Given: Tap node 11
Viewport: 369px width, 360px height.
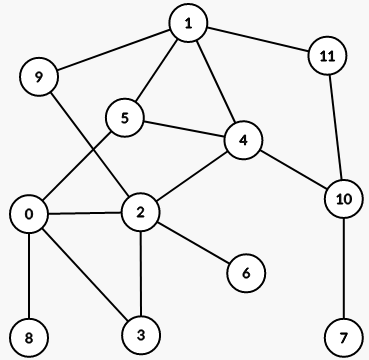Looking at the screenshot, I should pyautogui.click(x=326, y=56).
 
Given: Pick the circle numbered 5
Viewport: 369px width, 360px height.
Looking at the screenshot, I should pyautogui.click(x=126, y=118).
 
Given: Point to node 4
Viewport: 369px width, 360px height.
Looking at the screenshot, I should pyautogui.click(x=243, y=141).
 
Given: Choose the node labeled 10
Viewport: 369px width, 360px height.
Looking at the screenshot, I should pyautogui.click(x=344, y=198).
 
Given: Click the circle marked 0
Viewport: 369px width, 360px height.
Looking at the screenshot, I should pyautogui.click(x=30, y=214).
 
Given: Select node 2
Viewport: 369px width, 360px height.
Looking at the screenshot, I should pyautogui.click(x=141, y=211).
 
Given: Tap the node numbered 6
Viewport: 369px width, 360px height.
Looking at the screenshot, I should pyautogui.click(x=246, y=271).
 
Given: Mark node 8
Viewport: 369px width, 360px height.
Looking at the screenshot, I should pyautogui.click(x=30, y=337).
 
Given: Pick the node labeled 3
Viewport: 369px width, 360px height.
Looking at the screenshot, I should pyautogui.click(x=141, y=331).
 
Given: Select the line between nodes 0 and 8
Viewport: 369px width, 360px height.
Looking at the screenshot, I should pyautogui.click(x=30, y=276).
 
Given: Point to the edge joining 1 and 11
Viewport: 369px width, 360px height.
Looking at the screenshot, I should pyautogui.click(x=257, y=40).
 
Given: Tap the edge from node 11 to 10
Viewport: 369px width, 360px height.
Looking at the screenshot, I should pyautogui.click(x=335, y=127).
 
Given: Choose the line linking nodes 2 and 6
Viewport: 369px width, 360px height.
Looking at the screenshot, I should pyautogui.click(x=194, y=241).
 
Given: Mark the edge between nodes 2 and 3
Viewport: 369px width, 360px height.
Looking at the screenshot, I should pyautogui.click(x=141, y=271).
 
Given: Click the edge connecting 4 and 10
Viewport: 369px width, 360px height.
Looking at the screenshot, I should pyautogui.click(x=294, y=170).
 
